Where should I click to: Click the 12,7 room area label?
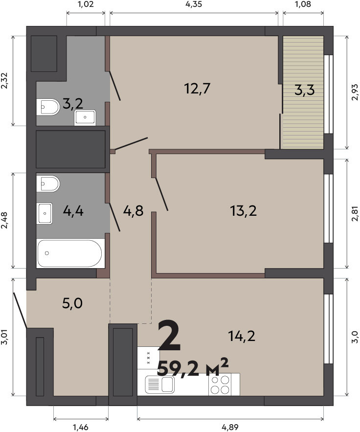pos(197,89)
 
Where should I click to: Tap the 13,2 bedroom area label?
pos(243,211)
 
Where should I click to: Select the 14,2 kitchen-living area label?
pos(242,336)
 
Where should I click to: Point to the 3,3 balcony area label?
pos(304,90)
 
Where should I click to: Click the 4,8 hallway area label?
pos(134,211)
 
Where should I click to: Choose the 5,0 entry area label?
pos(72,304)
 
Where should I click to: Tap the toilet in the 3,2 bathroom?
pos(48,107)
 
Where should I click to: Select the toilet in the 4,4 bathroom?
pos(48,183)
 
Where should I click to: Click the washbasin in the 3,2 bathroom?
pos(85,117)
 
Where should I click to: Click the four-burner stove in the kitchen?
pos(220,385)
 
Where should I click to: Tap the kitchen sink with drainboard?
pos(160,385)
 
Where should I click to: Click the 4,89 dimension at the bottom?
pos(230,427)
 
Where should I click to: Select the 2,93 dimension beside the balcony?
pos(355,92)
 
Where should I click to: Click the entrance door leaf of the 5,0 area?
pos(20,310)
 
